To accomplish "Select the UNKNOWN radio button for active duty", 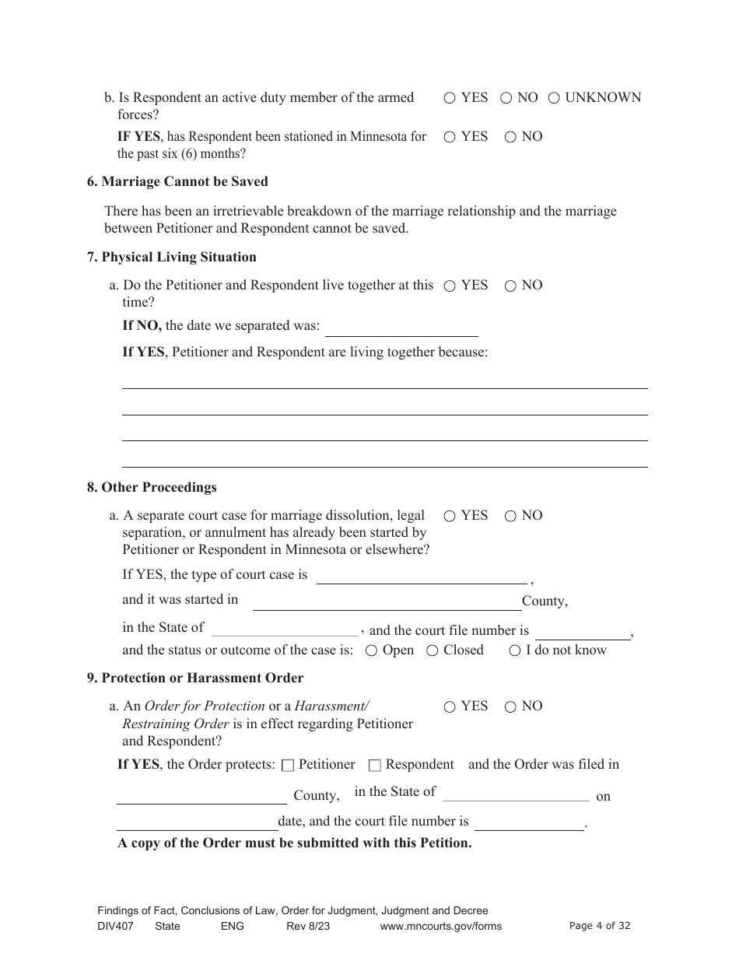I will (x=554, y=98).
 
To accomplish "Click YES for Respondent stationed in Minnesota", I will (x=450, y=137).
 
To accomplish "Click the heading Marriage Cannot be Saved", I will (x=177, y=181).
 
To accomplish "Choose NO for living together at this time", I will (x=510, y=286).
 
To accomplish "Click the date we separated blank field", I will (x=401, y=327).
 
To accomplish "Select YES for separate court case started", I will (x=450, y=516).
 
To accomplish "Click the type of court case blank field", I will (x=421, y=576).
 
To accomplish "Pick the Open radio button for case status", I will (x=372, y=650).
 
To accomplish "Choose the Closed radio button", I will (x=433, y=650).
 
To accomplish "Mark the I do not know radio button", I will (x=515, y=650).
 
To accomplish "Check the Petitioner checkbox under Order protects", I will (x=288, y=766).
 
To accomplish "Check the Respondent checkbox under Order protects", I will (x=374, y=766).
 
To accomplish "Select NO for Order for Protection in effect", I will (x=510, y=706).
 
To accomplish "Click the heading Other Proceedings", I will (x=152, y=487).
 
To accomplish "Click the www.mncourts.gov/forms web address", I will (x=440, y=926).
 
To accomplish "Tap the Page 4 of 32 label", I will (x=600, y=925).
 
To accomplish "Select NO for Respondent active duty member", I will (x=506, y=98).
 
